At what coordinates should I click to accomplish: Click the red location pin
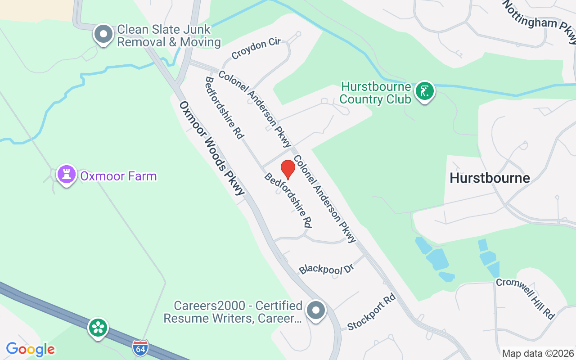288,169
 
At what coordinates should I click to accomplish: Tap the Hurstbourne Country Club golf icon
424,91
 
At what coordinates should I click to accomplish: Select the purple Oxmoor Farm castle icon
66,175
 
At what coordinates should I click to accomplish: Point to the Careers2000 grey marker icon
316,310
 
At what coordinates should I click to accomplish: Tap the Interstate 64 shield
140,348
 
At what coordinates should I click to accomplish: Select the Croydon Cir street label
256,49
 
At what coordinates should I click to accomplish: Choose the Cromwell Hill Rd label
525,298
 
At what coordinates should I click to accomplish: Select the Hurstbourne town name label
490,178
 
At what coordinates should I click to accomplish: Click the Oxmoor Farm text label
118,175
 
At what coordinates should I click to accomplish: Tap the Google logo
30,349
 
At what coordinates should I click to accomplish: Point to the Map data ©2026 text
538,353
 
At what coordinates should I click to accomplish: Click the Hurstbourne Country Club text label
376,93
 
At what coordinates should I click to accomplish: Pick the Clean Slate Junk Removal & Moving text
169,36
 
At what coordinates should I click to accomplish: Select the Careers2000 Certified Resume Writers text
233,312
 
